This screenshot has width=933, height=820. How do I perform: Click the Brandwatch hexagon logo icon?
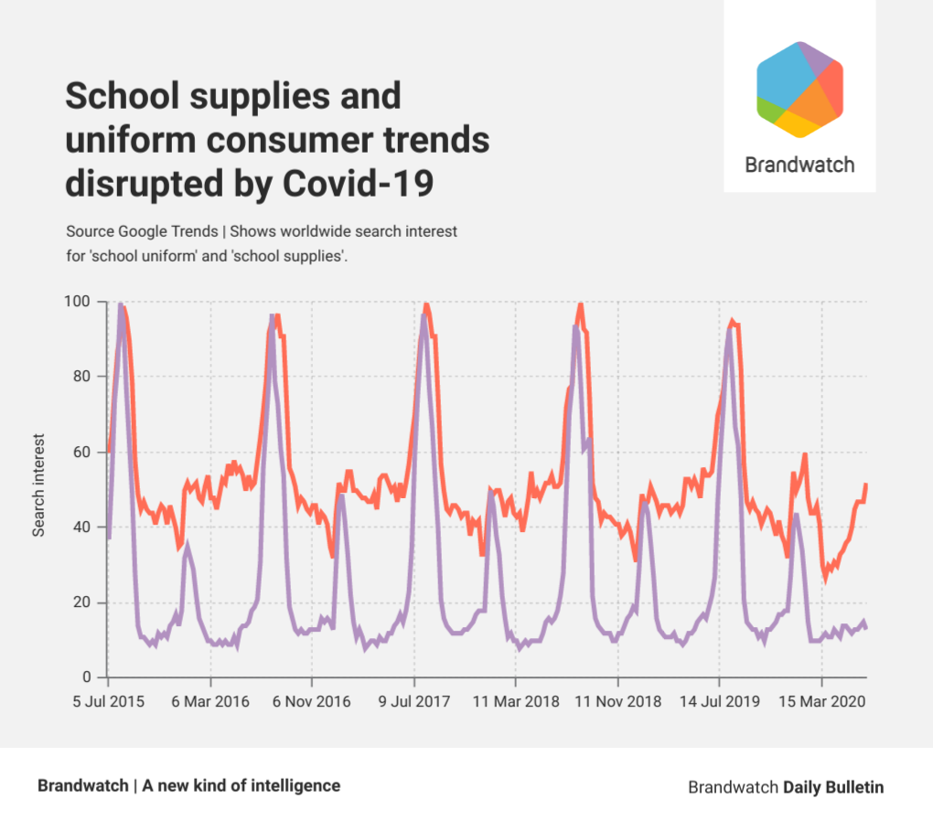click(799, 90)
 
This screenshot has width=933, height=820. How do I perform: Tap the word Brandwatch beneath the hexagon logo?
click(799, 165)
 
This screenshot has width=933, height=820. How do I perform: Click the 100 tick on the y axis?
click(81, 302)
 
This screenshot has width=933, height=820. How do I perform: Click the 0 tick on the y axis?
click(89, 677)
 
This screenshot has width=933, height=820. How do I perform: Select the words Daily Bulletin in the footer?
click(833, 787)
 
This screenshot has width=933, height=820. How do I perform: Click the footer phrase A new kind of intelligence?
click(241, 785)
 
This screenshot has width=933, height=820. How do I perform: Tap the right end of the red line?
click(865, 485)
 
